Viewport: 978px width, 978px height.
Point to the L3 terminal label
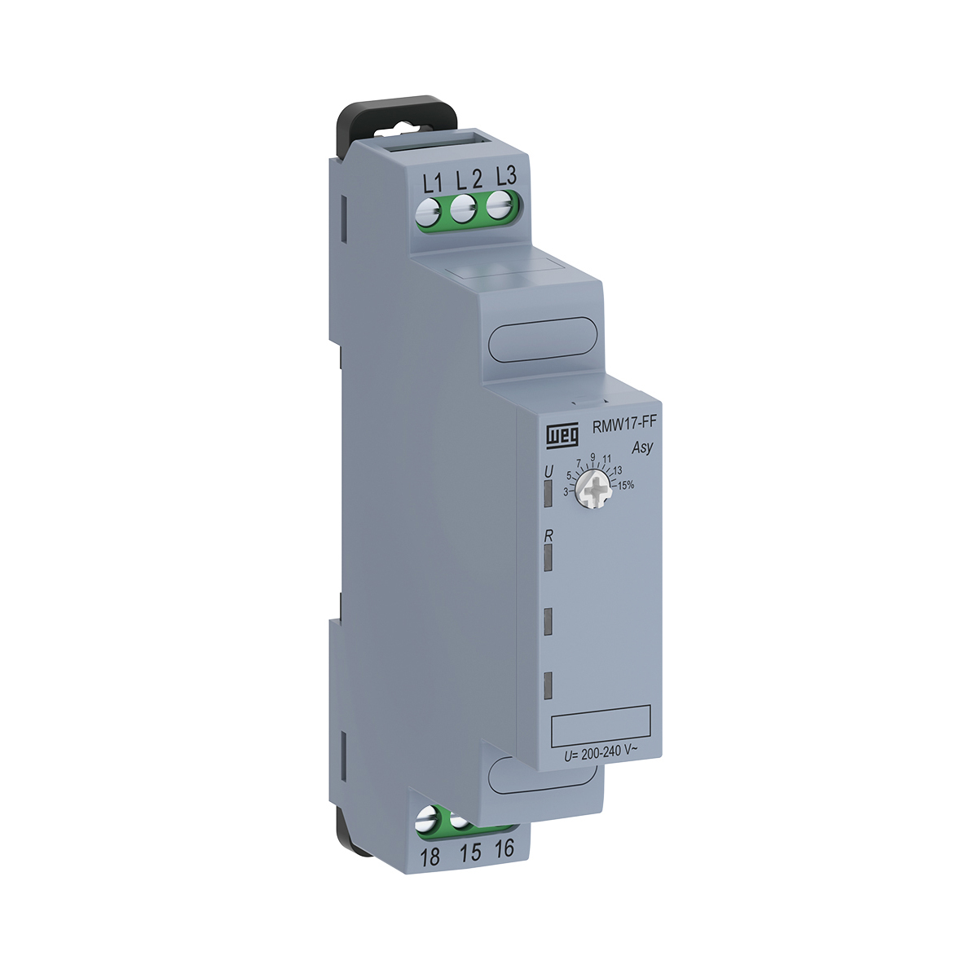pos(506,176)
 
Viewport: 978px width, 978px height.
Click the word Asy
pos(642,447)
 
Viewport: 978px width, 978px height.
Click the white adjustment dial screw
pos(594,491)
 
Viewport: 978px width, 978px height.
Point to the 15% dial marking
pos(626,485)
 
